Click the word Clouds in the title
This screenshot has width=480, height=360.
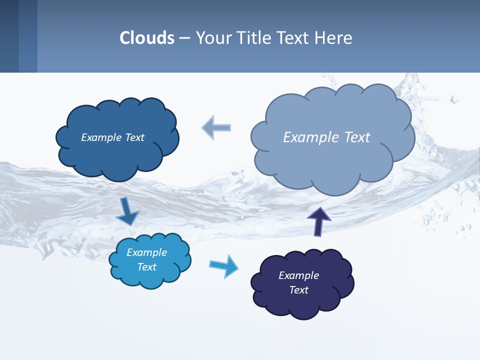[x=147, y=38]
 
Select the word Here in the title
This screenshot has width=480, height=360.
[x=336, y=38]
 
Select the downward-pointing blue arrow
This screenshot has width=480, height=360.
[x=127, y=211]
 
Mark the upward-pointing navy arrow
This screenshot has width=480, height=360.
[x=318, y=221]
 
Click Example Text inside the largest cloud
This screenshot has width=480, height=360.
[x=326, y=137]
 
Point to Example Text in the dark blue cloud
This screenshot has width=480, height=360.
[x=112, y=137]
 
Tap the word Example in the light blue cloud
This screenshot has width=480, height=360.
[x=146, y=252]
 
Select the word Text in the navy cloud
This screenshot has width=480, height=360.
[x=298, y=290]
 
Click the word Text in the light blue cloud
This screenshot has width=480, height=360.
[x=146, y=267]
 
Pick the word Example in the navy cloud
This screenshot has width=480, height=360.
[x=298, y=275]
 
